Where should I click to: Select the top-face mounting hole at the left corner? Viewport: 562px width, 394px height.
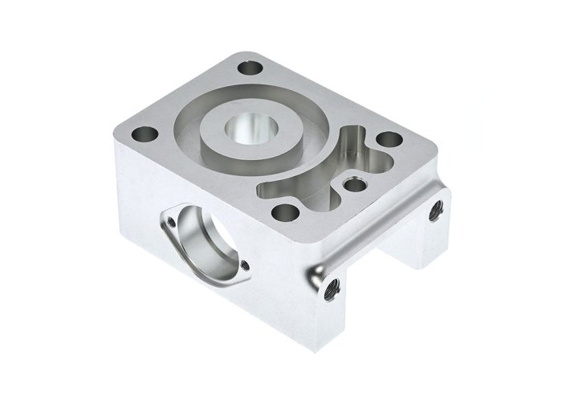coord(145,133)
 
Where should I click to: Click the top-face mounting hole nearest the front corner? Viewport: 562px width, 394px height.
coord(282,213)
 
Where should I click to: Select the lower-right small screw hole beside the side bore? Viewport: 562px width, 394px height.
coord(245,265)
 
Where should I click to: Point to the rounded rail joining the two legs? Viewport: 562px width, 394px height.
coord(377,229)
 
